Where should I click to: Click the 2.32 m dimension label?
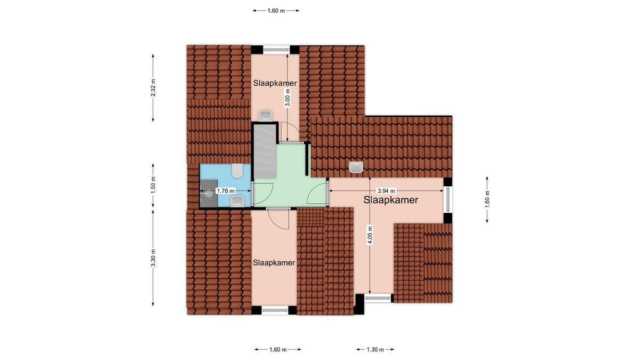(153, 88)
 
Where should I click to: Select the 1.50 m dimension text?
(153, 185)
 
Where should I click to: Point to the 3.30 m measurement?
(153, 258)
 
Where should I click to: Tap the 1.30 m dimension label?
(375, 349)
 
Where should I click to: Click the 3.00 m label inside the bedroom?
(287, 98)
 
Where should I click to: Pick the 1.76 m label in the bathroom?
(226, 191)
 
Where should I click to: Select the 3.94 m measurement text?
(386, 191)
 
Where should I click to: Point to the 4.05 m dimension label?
(370, 235)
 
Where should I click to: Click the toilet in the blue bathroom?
(237, 171)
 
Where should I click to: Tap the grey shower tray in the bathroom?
(209, 193)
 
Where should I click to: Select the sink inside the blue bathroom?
(237, 201)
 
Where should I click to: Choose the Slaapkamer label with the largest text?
(390, 200)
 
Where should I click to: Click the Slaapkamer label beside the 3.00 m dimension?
(275, 83)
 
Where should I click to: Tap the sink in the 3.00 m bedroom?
(266, 116)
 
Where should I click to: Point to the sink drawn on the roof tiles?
(356, 167)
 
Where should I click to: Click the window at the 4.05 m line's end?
(378, 298)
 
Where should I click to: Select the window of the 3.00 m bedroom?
(276, 50)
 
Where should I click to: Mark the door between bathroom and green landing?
(253, 194)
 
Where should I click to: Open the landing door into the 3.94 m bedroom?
(327, 193)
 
